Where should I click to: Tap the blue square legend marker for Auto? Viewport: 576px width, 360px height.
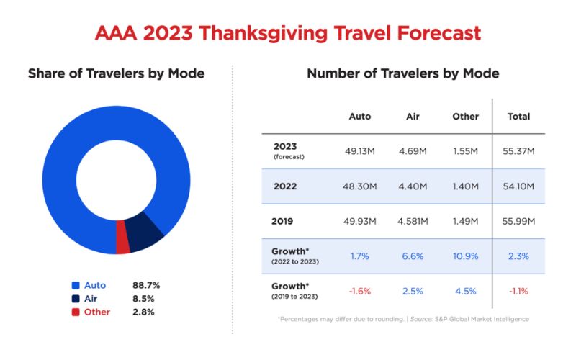point(76,285)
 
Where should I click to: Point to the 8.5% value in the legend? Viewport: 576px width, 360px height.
point(143,299)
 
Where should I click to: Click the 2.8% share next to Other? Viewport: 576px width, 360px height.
point(143,312)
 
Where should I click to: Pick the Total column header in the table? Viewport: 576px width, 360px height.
point(518,116)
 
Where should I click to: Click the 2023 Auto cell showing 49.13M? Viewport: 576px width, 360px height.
point(359,151)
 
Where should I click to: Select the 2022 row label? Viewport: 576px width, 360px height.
point(286,186)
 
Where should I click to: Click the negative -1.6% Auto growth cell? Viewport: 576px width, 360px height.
point(359,291)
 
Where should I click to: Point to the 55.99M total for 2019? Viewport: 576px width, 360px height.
point(518,221)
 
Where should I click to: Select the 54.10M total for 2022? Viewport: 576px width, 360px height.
point(518,186)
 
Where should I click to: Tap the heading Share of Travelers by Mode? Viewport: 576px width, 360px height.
point(116,73)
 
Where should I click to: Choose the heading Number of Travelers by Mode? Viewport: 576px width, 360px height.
point(402,73)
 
